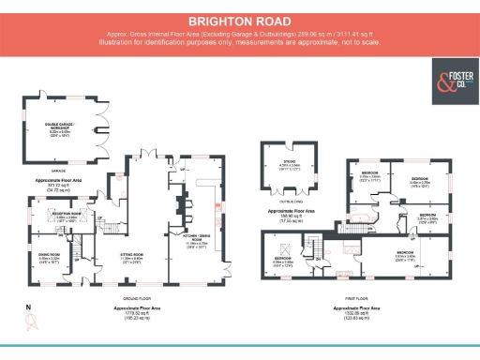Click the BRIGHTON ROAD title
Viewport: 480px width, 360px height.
[x=239, y=20]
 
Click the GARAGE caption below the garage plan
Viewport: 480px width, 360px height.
[x=58, y=171]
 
